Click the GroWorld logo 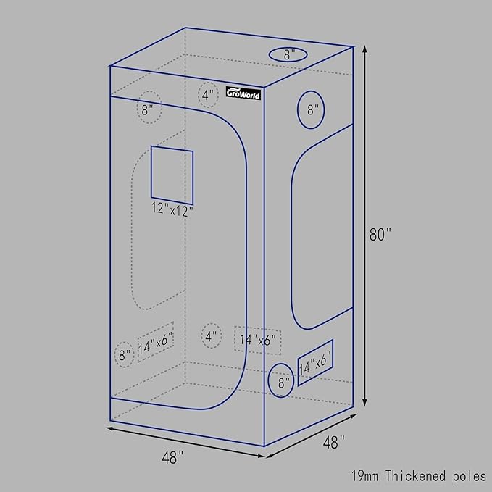pos(243,93)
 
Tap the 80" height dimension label pos(380,234)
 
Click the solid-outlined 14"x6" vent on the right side pos(315,362)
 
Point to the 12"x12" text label pos(172,209)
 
